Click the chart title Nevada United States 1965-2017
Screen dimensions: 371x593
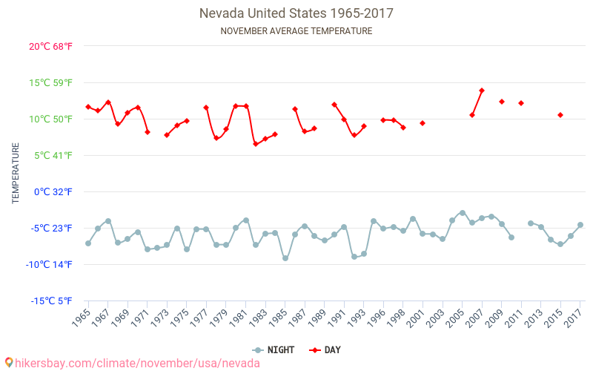tap(296, 13)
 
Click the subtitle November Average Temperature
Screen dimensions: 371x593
tap(296, 31)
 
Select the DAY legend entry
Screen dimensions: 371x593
tap(325, 349)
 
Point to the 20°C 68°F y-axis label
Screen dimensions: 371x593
tap(51, 46)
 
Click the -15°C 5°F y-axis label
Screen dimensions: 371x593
tap(53, 301)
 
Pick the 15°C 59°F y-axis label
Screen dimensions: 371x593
tap(51, 82)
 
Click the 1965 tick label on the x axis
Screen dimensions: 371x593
tap(82, 317)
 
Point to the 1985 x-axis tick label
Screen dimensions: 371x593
tap(279, 317)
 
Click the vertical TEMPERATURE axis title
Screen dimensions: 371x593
tap(16, 174)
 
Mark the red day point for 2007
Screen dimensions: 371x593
tap(482, 91)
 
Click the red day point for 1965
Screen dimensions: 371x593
tap(88, 107)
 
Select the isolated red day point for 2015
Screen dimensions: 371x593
tap(560, 115)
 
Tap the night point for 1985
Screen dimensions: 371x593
tap(285, 258)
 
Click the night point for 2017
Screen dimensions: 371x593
tap(580, 225)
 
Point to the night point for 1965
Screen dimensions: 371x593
tap(88, 243)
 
